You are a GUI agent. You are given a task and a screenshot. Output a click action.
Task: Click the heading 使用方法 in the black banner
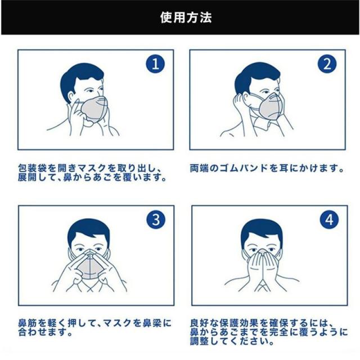coord(186,17)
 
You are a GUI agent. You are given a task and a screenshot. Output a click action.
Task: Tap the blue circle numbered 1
coord(155,64)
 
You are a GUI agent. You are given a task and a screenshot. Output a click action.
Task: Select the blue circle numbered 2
coord(327,64)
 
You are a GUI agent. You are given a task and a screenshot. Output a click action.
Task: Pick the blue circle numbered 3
coord(156,219)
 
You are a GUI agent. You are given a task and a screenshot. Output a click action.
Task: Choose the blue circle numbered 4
coord(329,219)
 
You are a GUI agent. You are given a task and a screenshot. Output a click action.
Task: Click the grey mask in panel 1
coord(94,109)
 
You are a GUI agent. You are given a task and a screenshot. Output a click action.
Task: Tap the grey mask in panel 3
coord(88,266)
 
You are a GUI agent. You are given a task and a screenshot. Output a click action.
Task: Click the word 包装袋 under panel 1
coord(33,168)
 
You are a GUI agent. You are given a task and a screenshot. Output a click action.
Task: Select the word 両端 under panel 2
coord(199,168)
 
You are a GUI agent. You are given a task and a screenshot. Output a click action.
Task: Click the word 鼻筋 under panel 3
coord(28,323)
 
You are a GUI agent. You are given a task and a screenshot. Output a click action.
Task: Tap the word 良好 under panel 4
coord(199,323)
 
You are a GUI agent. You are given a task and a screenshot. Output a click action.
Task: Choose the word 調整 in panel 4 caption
coord(199,341)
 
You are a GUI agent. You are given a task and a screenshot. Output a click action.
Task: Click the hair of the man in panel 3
coord(88,229)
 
